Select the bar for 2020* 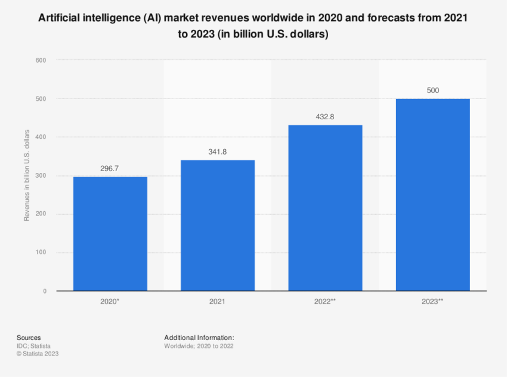110,234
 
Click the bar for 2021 217,225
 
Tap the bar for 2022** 324,208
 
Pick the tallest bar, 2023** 432,195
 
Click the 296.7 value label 110,169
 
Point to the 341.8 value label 217,152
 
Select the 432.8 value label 324,117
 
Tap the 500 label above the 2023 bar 432,91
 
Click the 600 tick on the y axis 41,60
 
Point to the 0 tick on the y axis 44,291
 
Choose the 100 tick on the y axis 41,253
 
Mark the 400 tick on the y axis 41,137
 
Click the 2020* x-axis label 110,302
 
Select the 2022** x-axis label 324,302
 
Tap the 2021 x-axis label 217,302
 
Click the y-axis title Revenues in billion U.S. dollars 27,176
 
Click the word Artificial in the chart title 58,18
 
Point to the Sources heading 29,338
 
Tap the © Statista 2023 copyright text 38,353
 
